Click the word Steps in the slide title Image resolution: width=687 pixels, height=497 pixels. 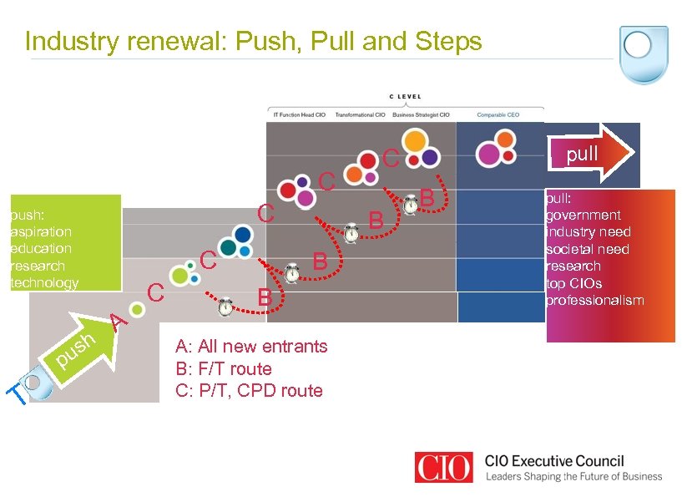click(x=447, y=41)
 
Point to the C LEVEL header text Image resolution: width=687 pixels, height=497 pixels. click(x=405, y=97)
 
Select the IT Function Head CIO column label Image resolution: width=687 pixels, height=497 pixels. click(x=296, y=114)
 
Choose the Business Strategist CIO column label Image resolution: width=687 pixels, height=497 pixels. click(x=421, y=114)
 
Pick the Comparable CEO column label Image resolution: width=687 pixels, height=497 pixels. click(x=498, y=114)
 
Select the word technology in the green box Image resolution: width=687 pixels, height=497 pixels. click(x=43, y=282)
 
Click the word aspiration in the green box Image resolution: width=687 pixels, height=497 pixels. click(x=41, y=231)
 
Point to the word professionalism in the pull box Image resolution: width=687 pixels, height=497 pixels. click(x=594, y=300)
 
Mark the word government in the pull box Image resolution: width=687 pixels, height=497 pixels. click(x=583, y=215)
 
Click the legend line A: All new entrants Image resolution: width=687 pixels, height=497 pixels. click(x=251, y=346)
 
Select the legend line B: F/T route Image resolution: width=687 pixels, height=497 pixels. click(x=223, y=368)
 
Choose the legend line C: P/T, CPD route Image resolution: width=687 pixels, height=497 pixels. click(x=249, y=390)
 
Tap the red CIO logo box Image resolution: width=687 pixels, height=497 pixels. click(x=445, y=467)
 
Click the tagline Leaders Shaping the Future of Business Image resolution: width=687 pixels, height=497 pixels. click(x=573, y=476)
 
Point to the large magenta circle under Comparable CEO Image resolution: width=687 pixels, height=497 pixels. click(x=487, y=154)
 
